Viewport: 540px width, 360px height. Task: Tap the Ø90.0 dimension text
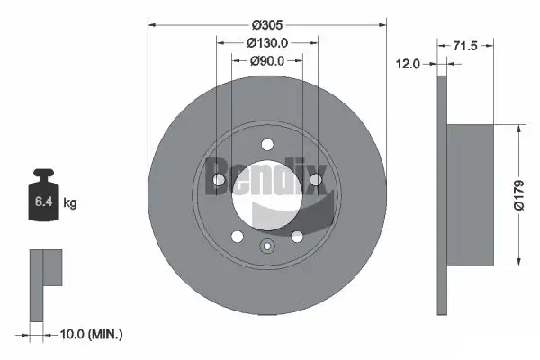click(266, 61)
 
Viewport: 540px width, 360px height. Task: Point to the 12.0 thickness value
click(409, 64)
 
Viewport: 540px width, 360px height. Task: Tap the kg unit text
click(70, 203)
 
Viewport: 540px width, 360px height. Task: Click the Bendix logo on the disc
click(267, 176)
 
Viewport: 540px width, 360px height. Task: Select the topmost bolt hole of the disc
click(266, 143)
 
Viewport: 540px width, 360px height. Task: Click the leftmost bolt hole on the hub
click(219, 181)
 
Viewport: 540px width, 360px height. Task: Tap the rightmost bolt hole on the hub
click(315, 181)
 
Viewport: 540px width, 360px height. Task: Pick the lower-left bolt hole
click(237, 236)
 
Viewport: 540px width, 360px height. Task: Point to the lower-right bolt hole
click(297, 236)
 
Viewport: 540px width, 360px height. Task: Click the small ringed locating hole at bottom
click(266, 247)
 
